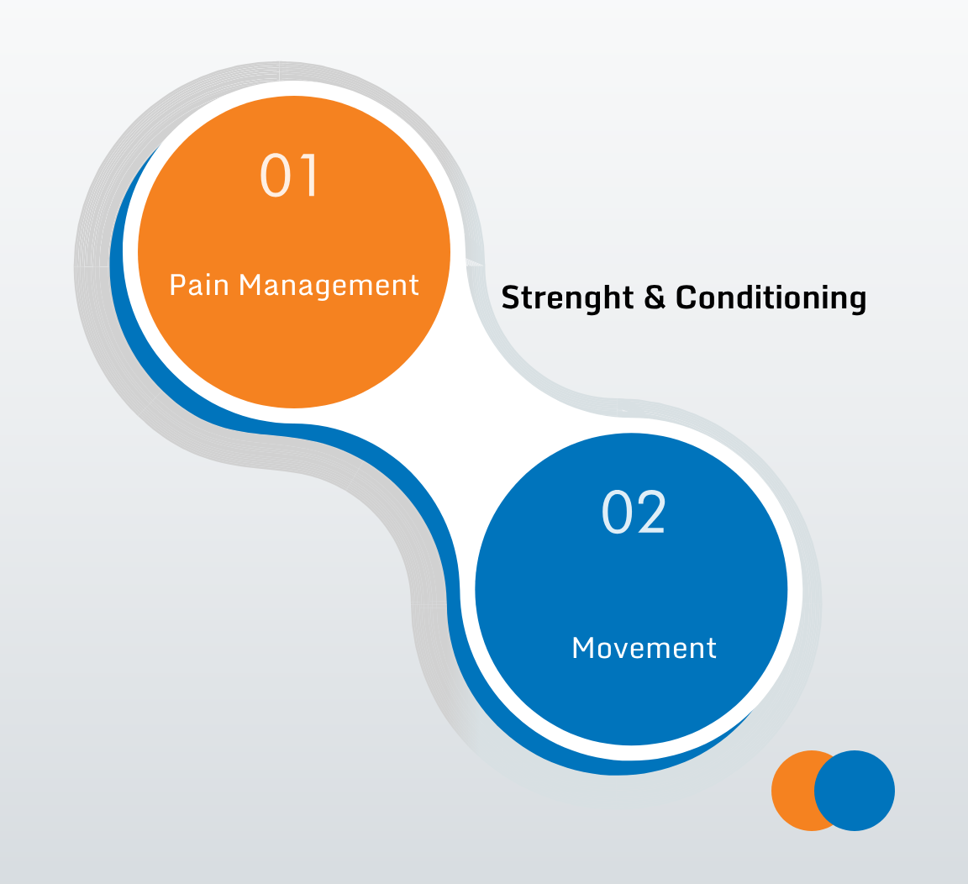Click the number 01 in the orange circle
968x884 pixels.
tap(290, 176)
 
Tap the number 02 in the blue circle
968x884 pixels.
tap(634, 512)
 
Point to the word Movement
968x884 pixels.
tap(644, 648)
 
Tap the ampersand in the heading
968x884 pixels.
tap(655, 297)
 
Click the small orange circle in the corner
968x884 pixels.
tap(794, 791)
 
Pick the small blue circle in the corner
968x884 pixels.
tap(855, 791)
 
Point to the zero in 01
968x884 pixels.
tap(276, 176)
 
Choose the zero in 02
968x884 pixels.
tap(617, 512)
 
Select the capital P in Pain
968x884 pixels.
tap(178, 285)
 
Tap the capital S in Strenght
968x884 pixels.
tap(511, 297)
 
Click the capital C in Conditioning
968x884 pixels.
tap(687, 297)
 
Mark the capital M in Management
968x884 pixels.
tap(250, 285)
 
